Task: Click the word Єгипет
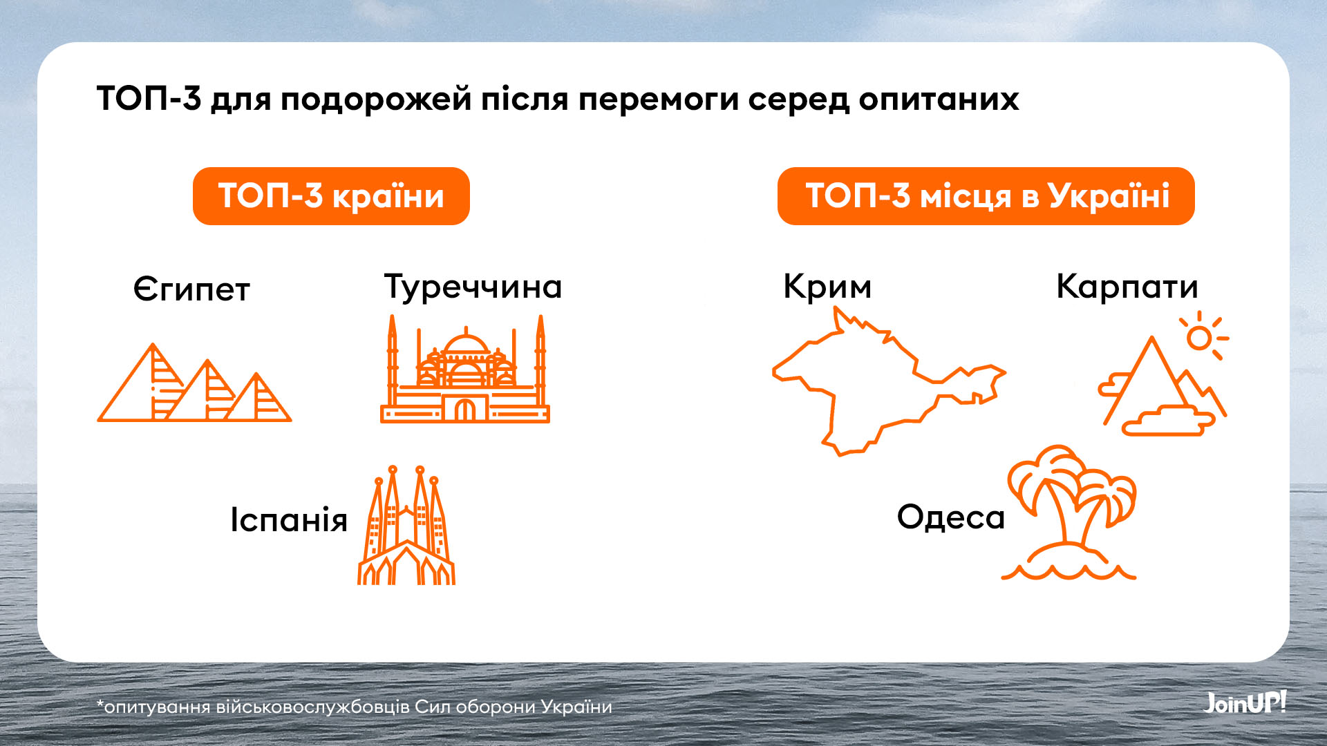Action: (x=191, y=289)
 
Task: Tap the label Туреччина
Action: (x=473, y=287)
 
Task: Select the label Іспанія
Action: (x=289, y=519)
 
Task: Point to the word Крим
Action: (x=827, y=287)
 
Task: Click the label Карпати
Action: (x=1127, y=287)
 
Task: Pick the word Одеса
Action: (x=951, y=517)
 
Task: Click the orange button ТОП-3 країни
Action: (x=331, y=196)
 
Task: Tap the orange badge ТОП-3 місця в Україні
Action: (x=986, y=196)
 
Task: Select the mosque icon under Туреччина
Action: (x=465, y=369)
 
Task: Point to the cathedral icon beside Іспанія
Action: (x=406, y=525)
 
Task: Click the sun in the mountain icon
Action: (x=1200, y=338)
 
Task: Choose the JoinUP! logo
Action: (x=1245, y=702)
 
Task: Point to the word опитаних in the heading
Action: (x=939, y=99)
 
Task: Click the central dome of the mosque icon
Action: (x=466, y=345)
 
